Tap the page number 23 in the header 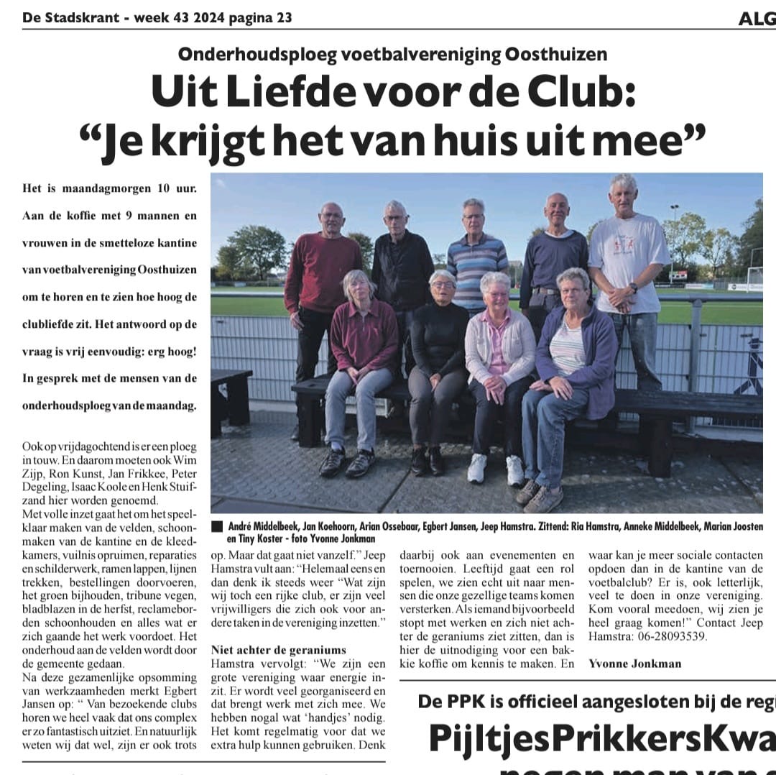pos(283,18)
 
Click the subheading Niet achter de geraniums pos(279,650)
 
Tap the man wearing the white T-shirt pos(627,266)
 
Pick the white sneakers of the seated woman pos(496,469)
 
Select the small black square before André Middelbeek pos(217,526)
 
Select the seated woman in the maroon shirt pos(363,338)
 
